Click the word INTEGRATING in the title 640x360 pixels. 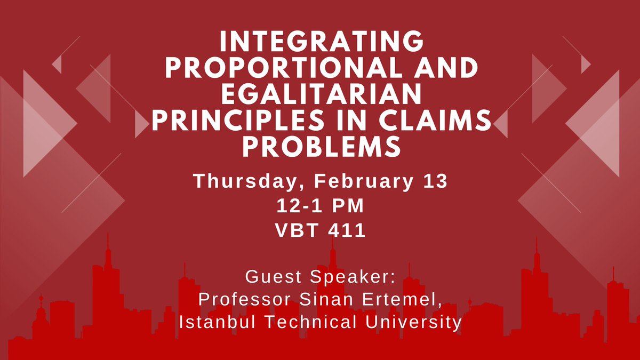pyautogui.click(x=320, y=42)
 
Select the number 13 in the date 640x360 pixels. pyautogui.click(x=434, y=182)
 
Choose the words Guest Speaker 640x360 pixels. pyautogui.click(x=320, y=277)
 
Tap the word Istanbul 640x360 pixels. pyautogui.click(x=211, y=323)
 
